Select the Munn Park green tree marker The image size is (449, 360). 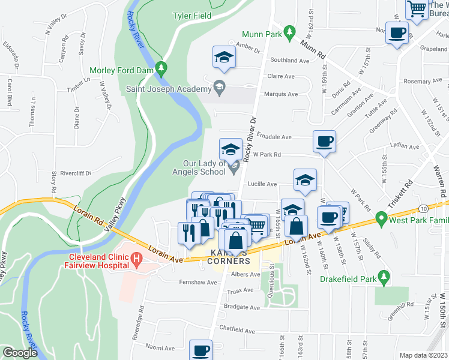289,31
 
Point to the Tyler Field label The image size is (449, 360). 192,16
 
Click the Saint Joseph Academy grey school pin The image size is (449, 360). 219,89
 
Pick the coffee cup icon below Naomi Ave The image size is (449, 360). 201,350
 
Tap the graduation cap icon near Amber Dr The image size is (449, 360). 224,57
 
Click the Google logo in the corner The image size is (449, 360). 20,353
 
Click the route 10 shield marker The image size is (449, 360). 423,208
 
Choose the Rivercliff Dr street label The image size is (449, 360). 71,173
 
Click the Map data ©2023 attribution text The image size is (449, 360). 423,355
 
